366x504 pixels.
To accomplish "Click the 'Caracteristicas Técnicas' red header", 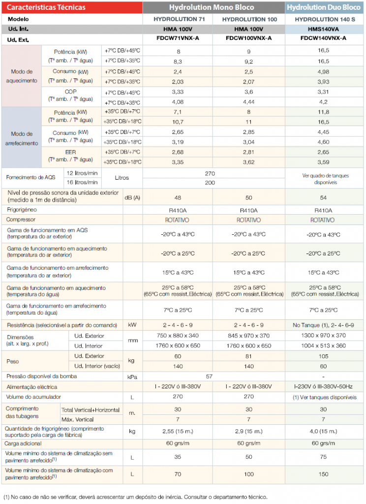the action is point(46,7).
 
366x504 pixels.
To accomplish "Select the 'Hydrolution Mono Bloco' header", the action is point(212,7).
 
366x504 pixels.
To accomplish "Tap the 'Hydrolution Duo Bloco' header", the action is point(324,7).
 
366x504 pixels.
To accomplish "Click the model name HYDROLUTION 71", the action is point(179,19).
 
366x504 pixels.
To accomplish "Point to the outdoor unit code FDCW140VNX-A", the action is point(323,38).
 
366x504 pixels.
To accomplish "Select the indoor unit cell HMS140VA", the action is point(323,29).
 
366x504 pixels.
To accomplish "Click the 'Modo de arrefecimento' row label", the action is point(22,138).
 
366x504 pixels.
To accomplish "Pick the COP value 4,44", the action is point(249,102).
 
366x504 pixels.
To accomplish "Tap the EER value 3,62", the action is point(249,162).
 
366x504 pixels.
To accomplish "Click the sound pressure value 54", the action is point(323,198).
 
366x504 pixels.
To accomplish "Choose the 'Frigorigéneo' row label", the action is point(22,210).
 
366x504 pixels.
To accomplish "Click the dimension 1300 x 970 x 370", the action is point(323,335).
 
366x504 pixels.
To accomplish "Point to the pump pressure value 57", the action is point(209,377).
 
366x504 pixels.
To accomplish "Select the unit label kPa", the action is point(132,377).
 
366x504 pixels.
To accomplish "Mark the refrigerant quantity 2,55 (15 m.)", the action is point(178,431).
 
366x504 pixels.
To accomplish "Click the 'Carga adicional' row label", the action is point(23,443).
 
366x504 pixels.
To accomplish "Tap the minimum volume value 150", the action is point(323,474).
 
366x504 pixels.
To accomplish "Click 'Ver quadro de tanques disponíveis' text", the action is point(325,179).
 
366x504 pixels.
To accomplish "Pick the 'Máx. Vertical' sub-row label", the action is point(77,419).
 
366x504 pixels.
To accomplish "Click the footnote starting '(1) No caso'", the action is point(135,497).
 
